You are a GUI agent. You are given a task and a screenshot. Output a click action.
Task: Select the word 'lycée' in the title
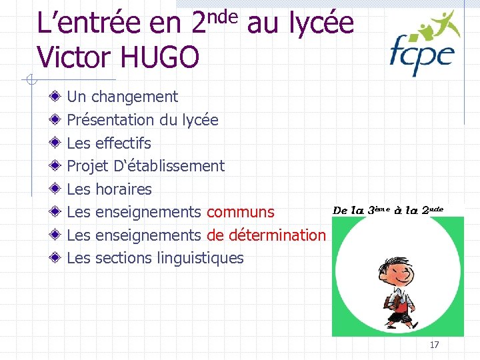tap(320, 24)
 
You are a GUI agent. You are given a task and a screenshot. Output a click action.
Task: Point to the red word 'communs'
tap(240, 212)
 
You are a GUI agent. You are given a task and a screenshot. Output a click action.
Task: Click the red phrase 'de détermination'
tap(266, 235)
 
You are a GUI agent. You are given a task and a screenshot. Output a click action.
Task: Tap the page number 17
tap(434, 345)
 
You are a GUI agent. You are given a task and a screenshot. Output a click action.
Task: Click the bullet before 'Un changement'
tap(58, 97)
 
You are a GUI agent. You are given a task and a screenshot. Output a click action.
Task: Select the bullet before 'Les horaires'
tap(58, 189)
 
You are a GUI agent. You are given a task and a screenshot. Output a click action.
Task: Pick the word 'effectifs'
tap(123, 143)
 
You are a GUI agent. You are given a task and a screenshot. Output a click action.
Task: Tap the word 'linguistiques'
tap(202, 258)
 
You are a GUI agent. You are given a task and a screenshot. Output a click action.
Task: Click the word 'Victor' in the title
tap(69, 57)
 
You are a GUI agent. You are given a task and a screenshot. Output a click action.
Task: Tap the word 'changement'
tap(135, 97)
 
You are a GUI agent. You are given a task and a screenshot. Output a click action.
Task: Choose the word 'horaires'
tap(123, 189)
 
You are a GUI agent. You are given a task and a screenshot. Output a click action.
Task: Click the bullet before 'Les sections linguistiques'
tap(58, 258)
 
